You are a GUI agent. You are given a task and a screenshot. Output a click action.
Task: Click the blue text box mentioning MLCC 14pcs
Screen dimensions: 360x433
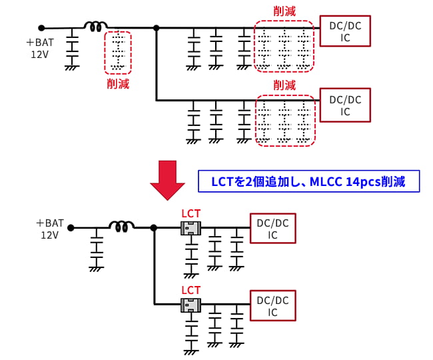pyautogui.click(x=308, y=181)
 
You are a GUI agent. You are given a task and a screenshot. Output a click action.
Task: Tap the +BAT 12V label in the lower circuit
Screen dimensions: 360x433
pyautogui.click(x=50, y=229)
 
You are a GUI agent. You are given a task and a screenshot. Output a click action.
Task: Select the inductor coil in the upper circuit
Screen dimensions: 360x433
pyautogui.click(x=95, y=27)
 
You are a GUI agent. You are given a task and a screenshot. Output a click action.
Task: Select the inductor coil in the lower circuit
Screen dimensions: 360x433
pyautogui.click(x=121, y=227)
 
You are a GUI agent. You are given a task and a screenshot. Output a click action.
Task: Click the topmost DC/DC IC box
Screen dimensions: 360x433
pyautogui.click(x=344, y=31)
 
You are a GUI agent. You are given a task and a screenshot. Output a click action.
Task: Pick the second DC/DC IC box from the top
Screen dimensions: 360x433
pyautogui.click(x=344, y=105)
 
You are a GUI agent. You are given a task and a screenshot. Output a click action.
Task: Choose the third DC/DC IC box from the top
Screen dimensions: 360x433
pyautogui.click(x=272, y=229)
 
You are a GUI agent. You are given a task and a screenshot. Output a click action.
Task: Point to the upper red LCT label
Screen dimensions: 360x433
pyautogui.click(x=191, y=214)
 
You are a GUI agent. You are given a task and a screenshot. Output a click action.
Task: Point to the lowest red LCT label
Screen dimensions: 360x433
pyautogui.click(x=191, y=290)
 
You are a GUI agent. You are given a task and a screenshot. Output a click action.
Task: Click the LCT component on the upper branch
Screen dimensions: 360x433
pyautogui.click(x=191, y=228)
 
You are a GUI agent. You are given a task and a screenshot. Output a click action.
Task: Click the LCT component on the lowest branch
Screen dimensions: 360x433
pyautogui.click(x=191, y=305)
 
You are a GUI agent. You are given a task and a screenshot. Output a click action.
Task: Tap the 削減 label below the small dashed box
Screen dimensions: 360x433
pyautogui.click(x=118, y=84)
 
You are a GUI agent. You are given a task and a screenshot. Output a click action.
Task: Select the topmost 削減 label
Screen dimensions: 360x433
pyautogui.click(x=284, y=11)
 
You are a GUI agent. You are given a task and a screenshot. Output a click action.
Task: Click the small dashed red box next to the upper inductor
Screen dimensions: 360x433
pyautogui.click(x=118, y=52)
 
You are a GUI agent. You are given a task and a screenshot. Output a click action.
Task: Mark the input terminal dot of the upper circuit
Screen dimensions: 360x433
pyautogui.click(x=41, y=28)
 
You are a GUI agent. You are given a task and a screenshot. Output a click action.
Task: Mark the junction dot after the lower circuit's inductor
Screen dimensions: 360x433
pyautogui.click(x=154, y=228)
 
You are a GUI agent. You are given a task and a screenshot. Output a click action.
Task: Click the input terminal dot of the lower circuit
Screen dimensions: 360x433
pyautogui.click(x=70, y=228)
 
